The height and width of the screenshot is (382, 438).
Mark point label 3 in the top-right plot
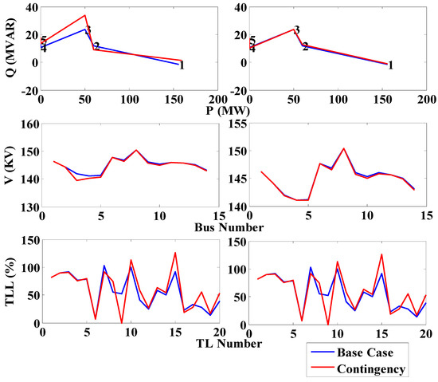tap(297, 30)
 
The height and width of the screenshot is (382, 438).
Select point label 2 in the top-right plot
tap(305, 47)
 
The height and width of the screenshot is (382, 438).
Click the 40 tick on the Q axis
tap(29, 7)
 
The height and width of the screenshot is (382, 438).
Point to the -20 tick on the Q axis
tap(26, 91)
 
